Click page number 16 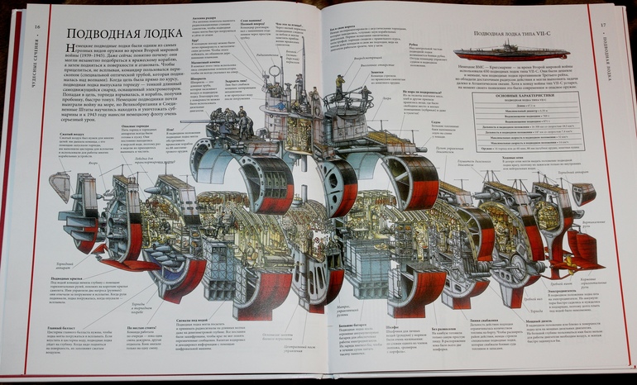[37, 26]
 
